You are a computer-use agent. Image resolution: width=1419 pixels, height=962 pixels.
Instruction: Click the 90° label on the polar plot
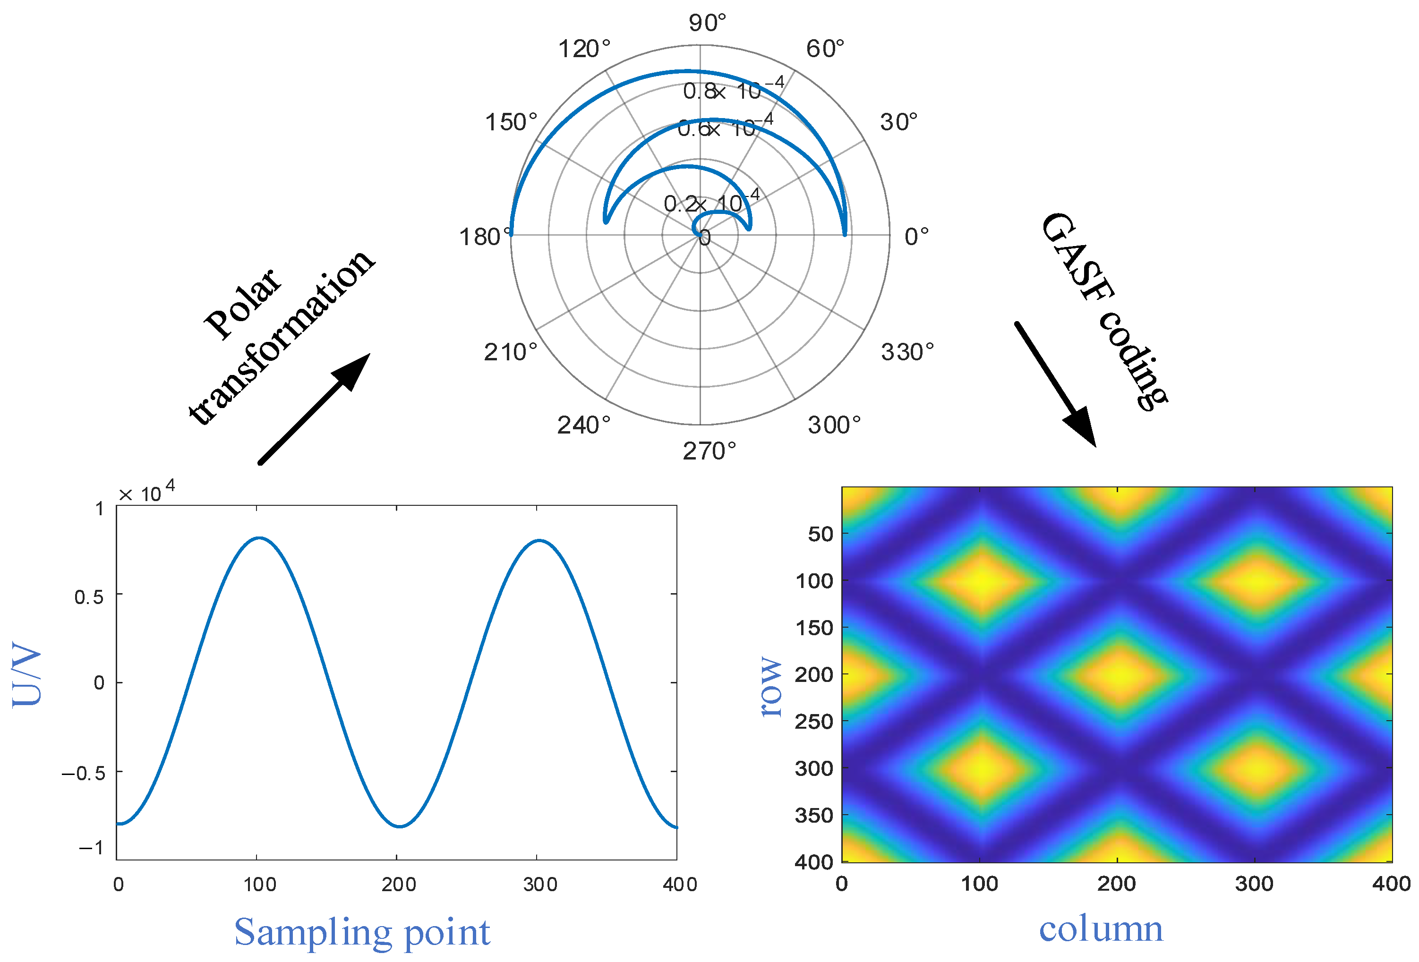[707, 23]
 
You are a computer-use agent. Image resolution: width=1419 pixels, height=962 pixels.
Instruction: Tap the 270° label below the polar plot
[709, 451]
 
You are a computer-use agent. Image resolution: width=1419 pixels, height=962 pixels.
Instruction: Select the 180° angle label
[485, 237]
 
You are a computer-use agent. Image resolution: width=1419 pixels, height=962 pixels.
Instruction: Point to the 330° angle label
[907, 352]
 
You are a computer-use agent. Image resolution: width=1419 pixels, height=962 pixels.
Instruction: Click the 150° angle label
[511, 122]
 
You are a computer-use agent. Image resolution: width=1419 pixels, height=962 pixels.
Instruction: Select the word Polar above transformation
[242, 303]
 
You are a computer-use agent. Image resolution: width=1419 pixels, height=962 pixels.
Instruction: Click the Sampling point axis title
[362, 932]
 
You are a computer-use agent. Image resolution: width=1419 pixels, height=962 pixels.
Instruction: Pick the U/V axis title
[26, 674]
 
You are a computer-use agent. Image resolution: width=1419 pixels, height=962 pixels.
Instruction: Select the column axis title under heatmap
[1101, 928]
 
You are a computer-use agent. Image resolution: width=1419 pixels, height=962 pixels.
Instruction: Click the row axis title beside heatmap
[771, 686]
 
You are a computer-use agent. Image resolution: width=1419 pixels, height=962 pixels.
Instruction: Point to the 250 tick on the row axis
[814, 722]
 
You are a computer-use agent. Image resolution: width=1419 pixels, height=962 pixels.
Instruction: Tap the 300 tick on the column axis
[1254, 883]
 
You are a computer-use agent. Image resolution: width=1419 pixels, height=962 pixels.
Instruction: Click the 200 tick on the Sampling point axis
[399, 884]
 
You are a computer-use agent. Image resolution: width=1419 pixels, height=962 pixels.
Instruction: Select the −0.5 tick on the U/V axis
[84, 774]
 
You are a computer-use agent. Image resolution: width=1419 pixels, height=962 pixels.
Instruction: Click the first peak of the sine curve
[259, 538]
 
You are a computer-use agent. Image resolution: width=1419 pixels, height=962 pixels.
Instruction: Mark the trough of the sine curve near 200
[399, 826]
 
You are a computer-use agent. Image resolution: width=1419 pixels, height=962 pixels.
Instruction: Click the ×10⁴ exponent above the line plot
[146, 492]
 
